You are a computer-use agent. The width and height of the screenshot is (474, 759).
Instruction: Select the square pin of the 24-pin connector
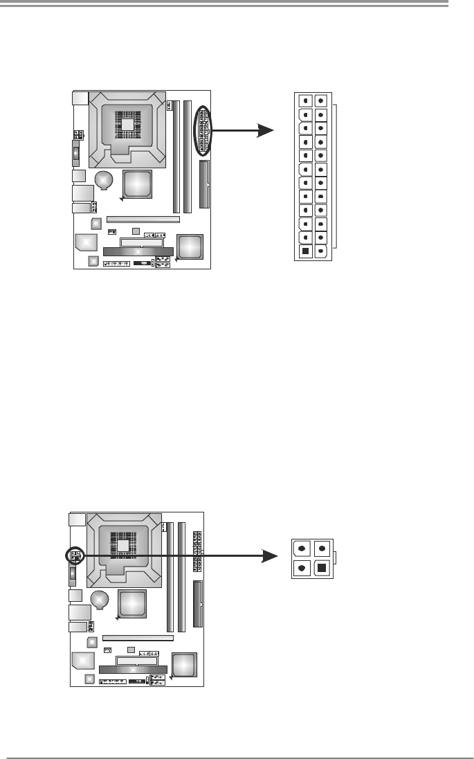[x=305, y=251]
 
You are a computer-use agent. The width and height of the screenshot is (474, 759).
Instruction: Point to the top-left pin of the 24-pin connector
[x=305, y=100]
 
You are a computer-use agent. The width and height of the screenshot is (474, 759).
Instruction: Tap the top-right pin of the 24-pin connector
[x=320, y=100]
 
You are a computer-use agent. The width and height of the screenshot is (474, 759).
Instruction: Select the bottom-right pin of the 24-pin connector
[x=320, y=251]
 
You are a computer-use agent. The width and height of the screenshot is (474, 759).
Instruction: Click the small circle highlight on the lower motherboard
[x=75, y=556]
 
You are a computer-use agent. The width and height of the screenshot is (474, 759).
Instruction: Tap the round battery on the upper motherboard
[x=103, y=180]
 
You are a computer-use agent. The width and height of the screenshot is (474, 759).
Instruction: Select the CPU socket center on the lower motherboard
[x=123, y=546]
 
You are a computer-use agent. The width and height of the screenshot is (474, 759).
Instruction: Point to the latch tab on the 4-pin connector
[x=334, y=558]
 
